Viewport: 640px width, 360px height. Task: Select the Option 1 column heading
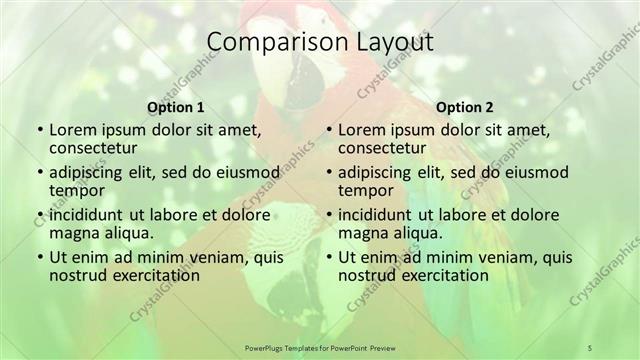pyautogui.click(x=176, y=105)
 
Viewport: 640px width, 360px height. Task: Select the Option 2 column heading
pyautogui.click(x=465, y=105)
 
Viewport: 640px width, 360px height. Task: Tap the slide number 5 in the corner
pyautogui.click(x=590, y=346)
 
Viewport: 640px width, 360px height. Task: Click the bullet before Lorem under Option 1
pyautogui.click(x=38, y=131)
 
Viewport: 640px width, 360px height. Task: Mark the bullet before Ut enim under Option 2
pyautogui.click(x=328, y=257)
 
